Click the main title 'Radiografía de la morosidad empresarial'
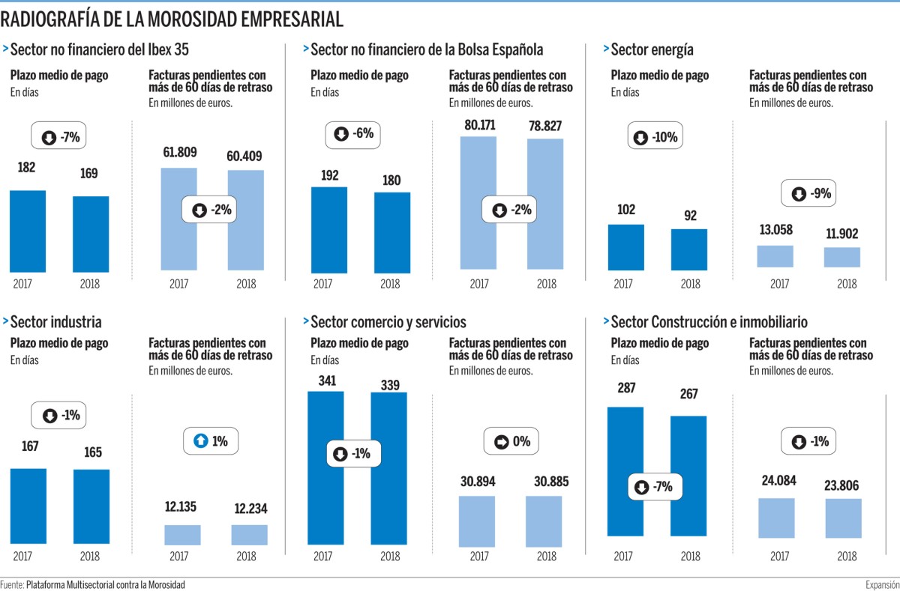click(x=172, y=19)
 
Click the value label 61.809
click(x=179, y=154)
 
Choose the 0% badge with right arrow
click(x=511, y=442)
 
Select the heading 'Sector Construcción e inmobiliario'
click(x=709, y=322)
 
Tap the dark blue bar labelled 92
click(x=689, y=249)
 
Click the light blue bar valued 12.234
click(x=249, y=534)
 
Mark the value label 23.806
click(x=844, y=483)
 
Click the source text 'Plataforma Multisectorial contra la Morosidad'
click(x=105, y=584)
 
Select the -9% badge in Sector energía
click(x=807, y=194)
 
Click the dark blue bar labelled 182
click(x=28, y=231)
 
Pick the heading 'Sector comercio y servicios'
click(x=388, y=322)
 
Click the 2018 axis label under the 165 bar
click(x=90, y=557)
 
